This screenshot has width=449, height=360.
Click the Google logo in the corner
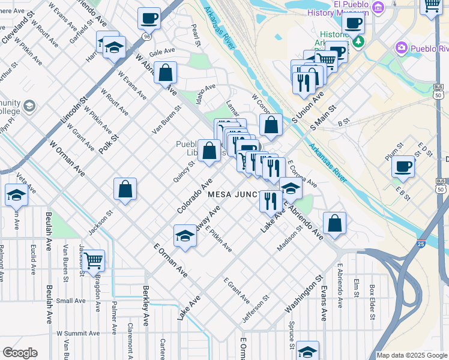coord(20,353)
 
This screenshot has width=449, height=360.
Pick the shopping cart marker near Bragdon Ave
coord(93,260)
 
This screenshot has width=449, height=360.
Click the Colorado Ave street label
coord(195,195)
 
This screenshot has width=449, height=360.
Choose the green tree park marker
coord(358,41)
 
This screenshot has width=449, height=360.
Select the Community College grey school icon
coord(28,107)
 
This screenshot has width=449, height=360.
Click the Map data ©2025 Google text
coord(411,355)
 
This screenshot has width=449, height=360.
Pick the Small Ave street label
coord(71,301)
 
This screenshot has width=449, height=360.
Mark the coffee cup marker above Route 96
coord(149,18)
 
